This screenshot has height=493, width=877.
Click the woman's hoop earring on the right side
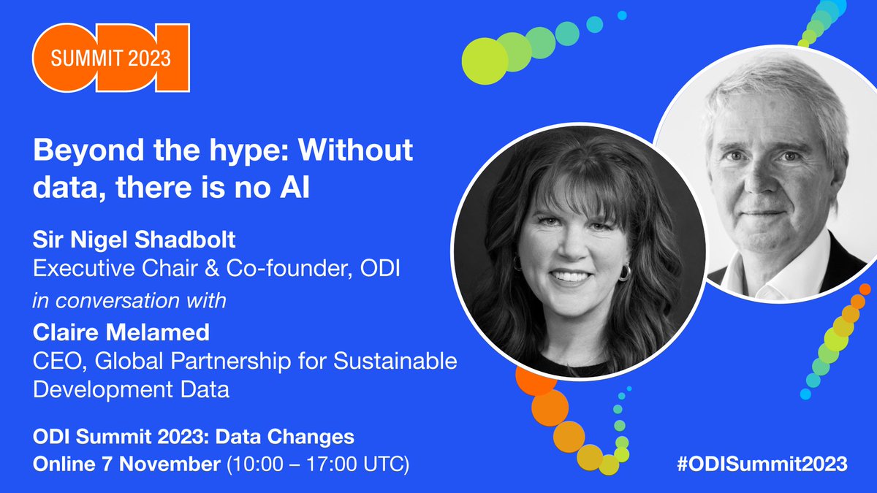625,273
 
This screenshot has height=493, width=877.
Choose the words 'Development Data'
132,389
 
